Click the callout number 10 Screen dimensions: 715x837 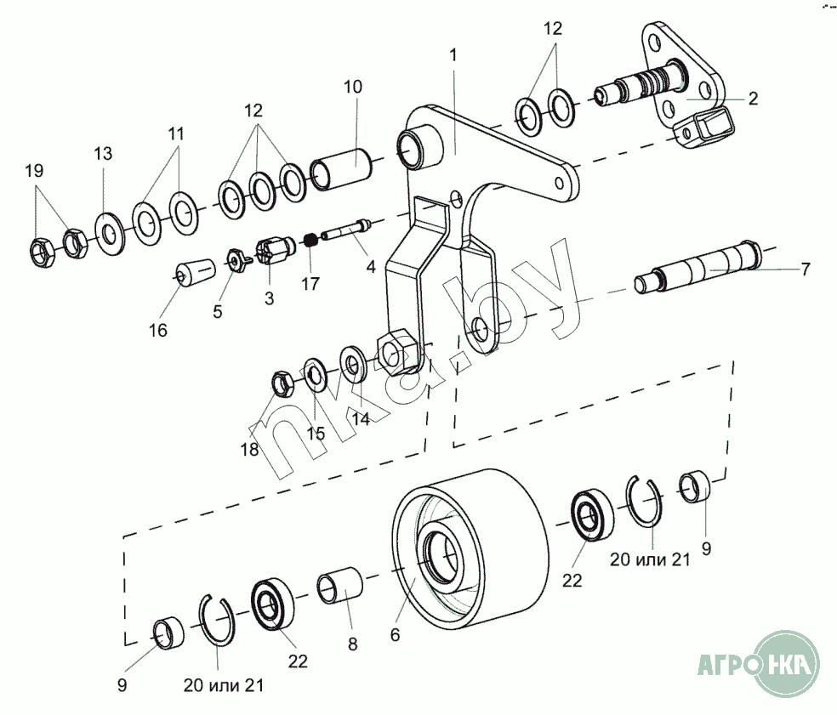point(353,86)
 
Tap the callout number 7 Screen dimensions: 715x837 point(805,270)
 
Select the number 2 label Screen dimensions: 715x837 point(753,98)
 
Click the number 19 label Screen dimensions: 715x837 point(34,171)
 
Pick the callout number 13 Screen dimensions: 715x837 point(103,154)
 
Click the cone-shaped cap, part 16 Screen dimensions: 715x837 point(193,275)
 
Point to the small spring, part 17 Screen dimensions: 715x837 point(311,239)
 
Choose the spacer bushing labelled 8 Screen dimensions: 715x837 point(339,587)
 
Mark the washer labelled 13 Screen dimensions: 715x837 point(109,230)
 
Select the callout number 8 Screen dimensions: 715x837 point(352,644)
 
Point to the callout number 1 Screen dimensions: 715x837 point(453,54)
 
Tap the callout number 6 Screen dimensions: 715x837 point(395,633)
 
